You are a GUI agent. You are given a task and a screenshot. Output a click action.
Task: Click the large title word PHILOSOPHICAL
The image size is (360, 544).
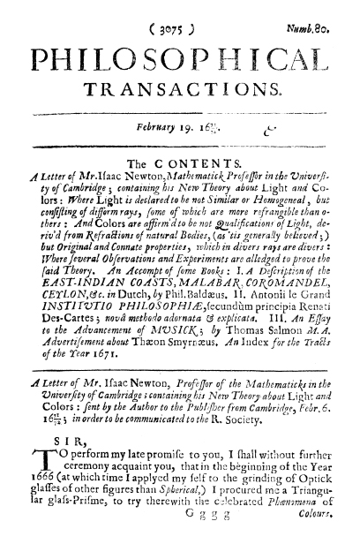(x=180, y=56)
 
